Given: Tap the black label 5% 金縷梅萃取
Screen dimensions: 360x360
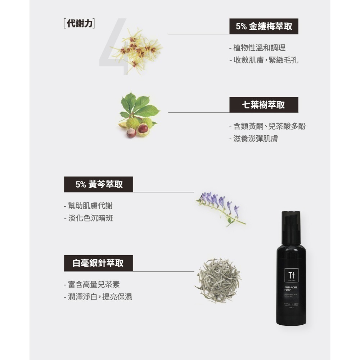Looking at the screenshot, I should click(x=264, y=26).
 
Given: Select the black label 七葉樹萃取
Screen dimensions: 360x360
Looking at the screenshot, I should click(x=264, y=105).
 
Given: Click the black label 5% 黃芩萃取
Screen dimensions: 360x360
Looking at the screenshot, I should click(x=99, y=184).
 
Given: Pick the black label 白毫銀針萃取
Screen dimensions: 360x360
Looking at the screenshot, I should click(x=98, y=263).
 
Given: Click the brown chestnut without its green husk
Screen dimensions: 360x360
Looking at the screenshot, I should click(x=131, y=133).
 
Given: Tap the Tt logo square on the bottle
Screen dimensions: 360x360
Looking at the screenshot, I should click(x=290, y=275).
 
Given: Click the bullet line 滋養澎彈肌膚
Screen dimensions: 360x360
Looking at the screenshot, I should click(x=255, y=139).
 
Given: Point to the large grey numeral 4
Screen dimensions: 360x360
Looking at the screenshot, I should click(x=113, y=47).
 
